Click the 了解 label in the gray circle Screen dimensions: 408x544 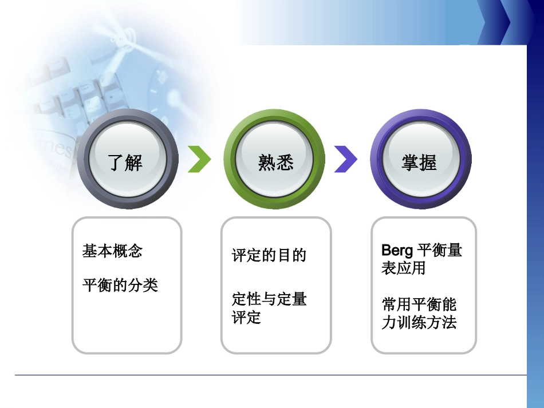click(125, 163)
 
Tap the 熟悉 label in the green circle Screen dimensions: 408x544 click(275, 163)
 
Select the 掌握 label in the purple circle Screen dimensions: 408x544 click(419, 163)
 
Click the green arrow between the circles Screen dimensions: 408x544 click(199, 159)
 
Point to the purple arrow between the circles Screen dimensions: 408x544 click(345, 159)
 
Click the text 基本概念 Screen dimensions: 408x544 click(112, 251)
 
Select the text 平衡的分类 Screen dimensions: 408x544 click(120, 285)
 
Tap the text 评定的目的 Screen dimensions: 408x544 click(269, 255)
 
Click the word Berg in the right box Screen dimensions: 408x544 click(397, 251)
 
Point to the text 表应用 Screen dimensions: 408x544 click(403, 268)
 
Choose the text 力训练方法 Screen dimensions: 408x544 click(419, 322)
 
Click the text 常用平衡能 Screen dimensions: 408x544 click(419, 304)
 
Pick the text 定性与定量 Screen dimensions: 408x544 click(269, 299)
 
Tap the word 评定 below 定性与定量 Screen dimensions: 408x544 click(247, 318)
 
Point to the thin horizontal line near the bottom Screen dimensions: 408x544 click(269, 375)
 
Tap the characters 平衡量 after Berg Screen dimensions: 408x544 click(440, 251)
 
